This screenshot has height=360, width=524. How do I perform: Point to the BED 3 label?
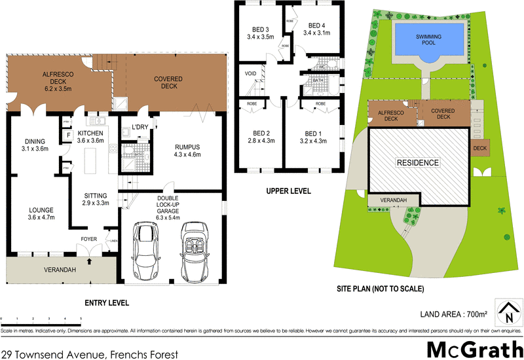click(x=261, y=29)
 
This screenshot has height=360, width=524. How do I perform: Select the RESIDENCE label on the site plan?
click(x=417, y=162)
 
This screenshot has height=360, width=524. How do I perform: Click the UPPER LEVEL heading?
click(x=288, y=191)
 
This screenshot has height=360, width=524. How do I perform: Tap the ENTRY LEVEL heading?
click(x=107, y=302)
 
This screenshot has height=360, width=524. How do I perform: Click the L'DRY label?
click(x=140, y=127)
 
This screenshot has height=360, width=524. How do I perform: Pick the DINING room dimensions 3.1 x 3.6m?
click(x=33, y=149)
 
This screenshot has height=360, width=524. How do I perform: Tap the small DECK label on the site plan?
click(x=479, y=148)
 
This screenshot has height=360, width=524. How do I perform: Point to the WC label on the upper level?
click(x=322, y=67)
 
